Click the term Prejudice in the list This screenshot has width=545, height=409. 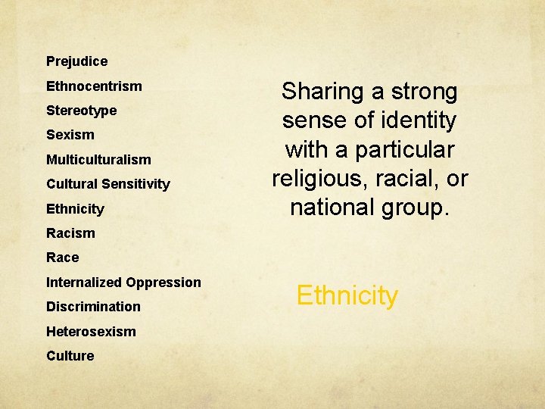click(x=76, y=61)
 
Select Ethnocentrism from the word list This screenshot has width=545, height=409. click(x=94, y=86)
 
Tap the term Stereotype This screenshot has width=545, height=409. click(x=81, y=111)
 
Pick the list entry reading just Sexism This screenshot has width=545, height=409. click(x=70, y=135)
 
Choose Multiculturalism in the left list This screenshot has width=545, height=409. click(x=98, y=160)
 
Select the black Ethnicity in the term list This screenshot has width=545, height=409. click(x=75, y=209)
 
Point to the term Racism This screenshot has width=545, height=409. click(x=70, y=233)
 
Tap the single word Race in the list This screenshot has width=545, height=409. click(x=62, y=258)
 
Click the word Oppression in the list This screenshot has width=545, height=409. click(x=163, y=283)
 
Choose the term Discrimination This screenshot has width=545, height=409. click(x=93, y=307)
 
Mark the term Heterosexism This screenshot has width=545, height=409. click(x=91, y=332)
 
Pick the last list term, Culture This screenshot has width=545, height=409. click(x=70, y=356)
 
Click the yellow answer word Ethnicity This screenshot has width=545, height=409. click(x=347, y=295)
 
